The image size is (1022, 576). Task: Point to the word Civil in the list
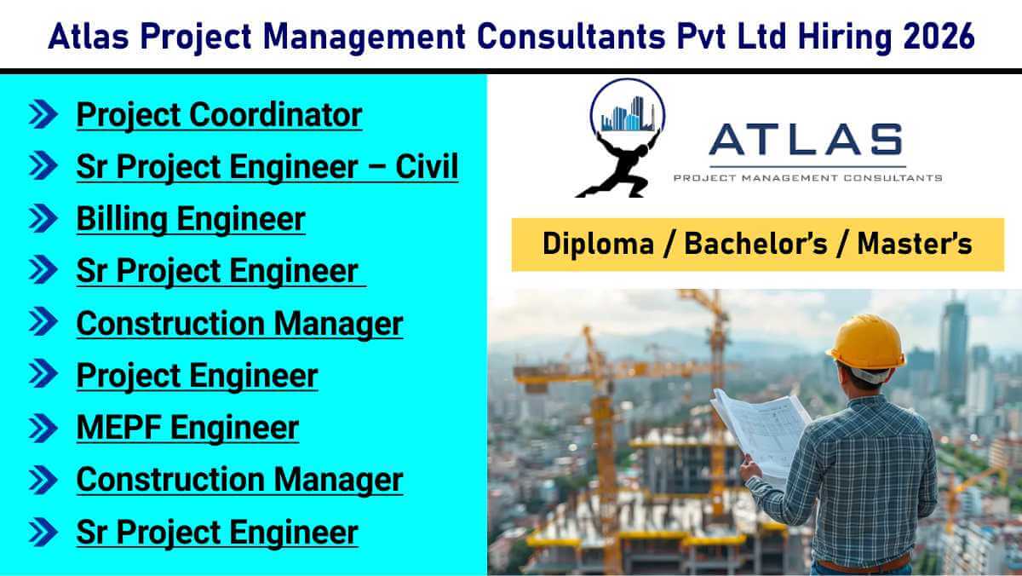pyautogui.click(x=427, y=166)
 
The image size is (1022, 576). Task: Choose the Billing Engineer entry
pyautogui.click(x=191, y=219)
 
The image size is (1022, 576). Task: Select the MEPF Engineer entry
pyautogui.click(x=187, y=428)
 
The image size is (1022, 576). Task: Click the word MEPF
pyautogui.click(x=118, y=428)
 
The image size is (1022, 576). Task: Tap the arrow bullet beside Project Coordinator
pyautogui.click(x=43, y=114)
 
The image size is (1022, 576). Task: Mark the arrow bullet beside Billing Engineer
pyautogui.click(x=43, y=218)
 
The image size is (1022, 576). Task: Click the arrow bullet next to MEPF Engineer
pyautogui.click(x=43, y=428)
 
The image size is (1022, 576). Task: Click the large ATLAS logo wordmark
pyautogui.click(x=807, y=139)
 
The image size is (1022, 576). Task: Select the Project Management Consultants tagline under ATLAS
pyautogui.click(x=808, y=177)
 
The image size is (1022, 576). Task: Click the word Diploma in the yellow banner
pyautogui.click(x=598, y=244)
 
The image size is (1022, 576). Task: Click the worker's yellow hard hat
pyautogui.click(x=866, y=342)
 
